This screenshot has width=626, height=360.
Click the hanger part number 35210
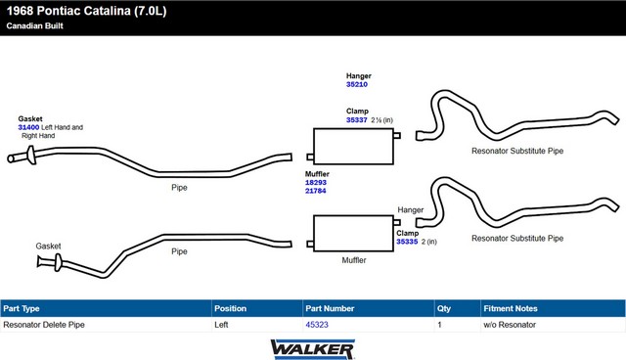(x=356, y=84)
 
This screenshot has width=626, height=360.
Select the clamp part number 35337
(x=356, y=119)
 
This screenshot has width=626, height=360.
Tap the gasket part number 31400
(x=28, y=127)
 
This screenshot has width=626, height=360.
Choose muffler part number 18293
(x=315, y=182)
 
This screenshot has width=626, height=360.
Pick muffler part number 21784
(x=315, y=191)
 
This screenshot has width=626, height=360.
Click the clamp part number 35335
(x=407, y=242)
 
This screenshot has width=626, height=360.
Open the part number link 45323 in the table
(x=317, y=325)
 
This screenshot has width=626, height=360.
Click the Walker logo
(x=313, y=349)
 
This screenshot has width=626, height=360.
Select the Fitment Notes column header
(x=511, y=308)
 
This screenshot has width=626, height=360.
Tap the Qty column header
(x=443, y=308)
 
